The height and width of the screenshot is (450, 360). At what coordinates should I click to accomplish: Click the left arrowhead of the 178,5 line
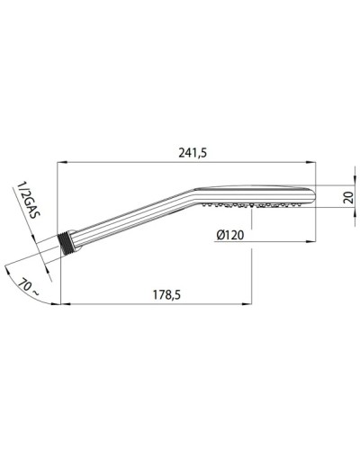click(x=61, y=306)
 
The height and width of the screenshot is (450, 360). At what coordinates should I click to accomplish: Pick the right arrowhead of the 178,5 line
click(x=249, y=306)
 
